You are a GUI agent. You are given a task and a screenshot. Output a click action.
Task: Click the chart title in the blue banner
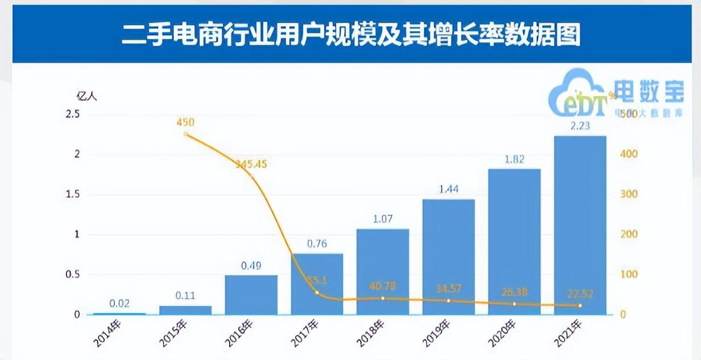[350, 34]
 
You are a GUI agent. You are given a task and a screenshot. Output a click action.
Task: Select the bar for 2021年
[580, 225]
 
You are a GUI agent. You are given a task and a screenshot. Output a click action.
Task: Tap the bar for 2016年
[251, 294]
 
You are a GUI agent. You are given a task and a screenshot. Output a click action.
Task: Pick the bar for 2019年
[449, 256]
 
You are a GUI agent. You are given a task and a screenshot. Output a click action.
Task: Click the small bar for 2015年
[185, 310]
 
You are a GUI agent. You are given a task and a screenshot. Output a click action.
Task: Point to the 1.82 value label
[514, 159]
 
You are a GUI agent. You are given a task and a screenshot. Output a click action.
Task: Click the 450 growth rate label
[185, 122]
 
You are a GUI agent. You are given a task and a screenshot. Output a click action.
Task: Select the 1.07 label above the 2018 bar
[382, 219]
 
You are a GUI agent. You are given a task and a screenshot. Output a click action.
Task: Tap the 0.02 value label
[119, 303]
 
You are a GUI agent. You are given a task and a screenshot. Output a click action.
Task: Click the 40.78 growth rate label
[382, 285]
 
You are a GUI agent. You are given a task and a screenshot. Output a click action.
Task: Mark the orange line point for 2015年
[185, 134]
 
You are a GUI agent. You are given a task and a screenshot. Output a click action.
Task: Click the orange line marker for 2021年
[580, 305]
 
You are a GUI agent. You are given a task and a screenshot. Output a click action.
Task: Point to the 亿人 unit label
[87, 96]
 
